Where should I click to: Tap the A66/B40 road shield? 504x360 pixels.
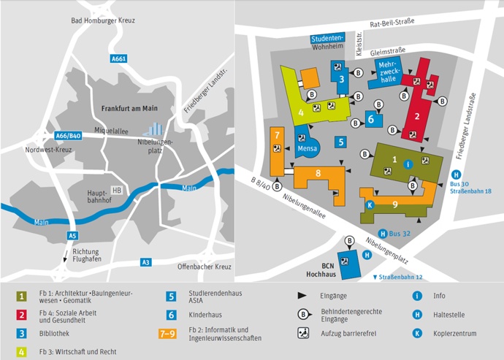pos(68,135)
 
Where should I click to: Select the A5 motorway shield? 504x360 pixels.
pos(72,236)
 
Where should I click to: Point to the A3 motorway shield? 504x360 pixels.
pos(146,261)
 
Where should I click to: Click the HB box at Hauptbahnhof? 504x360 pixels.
pos(116,190)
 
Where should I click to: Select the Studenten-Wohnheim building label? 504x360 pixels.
pos(327,42)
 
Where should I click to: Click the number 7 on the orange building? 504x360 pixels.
pos(278,134)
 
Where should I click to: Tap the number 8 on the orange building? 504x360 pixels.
pos(318,173)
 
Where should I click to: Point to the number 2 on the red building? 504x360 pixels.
pos(417,116)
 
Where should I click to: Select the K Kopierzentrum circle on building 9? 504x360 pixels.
pos(370,205)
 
